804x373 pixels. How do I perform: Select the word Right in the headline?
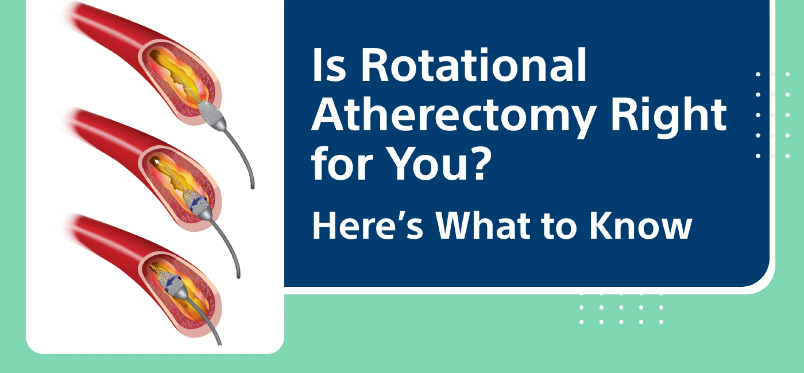point(668,115)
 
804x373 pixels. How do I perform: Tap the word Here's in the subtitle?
point(367,226)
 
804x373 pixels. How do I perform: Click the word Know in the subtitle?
point(640,226)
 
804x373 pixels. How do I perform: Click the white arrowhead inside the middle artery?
point(156,162)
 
